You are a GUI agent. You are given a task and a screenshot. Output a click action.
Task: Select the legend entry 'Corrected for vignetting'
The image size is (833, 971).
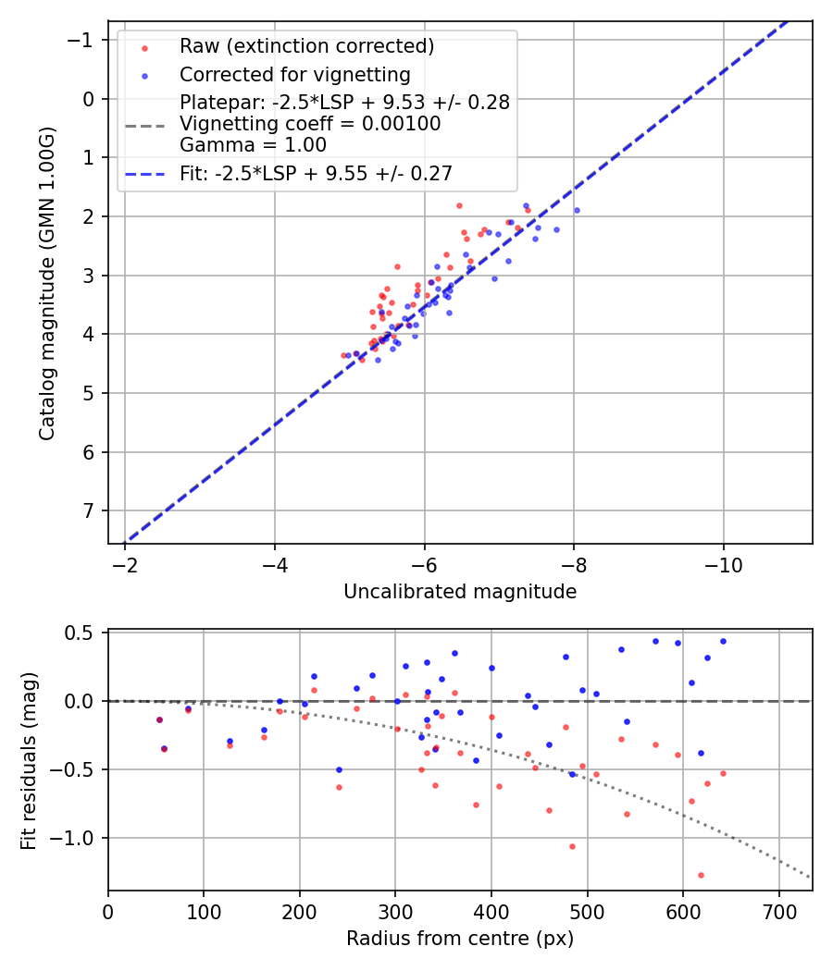[x=294, y=74]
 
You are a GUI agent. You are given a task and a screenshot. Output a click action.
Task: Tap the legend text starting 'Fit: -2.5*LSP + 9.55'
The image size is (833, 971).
[x=316, y=173]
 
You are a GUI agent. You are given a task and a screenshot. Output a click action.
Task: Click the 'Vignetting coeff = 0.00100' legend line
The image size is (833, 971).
[x=310, y=124]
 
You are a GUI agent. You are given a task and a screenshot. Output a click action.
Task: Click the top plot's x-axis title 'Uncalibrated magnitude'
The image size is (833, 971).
[x=460, y=592]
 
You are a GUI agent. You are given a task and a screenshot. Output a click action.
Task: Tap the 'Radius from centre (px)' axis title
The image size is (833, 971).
[x=460, y=939]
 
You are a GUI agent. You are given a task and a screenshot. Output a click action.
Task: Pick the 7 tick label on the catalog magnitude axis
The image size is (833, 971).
[x=89, y=511]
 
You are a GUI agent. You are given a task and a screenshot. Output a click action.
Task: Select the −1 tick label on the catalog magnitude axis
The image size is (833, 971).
[x=83, y=40]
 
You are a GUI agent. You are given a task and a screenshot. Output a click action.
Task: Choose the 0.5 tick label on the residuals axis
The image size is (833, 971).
[x=82, y=633]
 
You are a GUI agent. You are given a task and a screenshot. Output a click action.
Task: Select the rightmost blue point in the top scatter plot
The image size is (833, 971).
[x=577, y=210]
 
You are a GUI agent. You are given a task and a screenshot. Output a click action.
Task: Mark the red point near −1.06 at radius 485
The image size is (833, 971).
[x=572, y=846]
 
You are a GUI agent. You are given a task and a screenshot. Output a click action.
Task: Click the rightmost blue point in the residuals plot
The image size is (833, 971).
[x=723, y=641]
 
